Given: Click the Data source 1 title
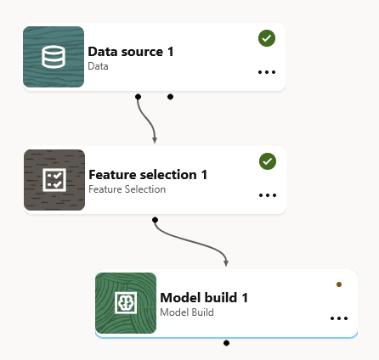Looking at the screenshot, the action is tap(131, 52).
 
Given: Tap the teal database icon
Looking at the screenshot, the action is tap(54, 57).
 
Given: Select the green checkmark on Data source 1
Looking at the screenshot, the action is tap(267, 38).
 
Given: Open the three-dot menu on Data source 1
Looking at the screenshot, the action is tap(267, 72).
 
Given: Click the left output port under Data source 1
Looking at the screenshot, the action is tap(138, 97).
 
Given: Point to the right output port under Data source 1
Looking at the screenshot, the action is tap(170, 97).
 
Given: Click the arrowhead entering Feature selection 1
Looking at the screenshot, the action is tap(155, 140).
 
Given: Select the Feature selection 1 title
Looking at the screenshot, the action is tap(148, 175).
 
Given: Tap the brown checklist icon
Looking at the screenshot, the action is tap(54, 180).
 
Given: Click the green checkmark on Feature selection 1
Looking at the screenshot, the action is tap(268, 161).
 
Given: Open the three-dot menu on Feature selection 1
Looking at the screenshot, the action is tap(268, 195).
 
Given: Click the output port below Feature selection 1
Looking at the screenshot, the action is tap(155, 220).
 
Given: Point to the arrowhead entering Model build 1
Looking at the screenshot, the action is tap(226, 263).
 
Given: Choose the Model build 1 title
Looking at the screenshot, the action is tap(204, 298).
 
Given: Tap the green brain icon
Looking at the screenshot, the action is tap(126, 303).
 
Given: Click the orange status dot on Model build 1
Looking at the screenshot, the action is tap(339, 284).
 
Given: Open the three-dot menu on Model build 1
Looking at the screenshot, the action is tap(339, 318).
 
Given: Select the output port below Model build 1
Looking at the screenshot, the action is tap(226, 343).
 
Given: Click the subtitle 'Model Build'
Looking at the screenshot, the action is tap(187, 312).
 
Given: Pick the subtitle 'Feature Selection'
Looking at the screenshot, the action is tap(127, 189).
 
